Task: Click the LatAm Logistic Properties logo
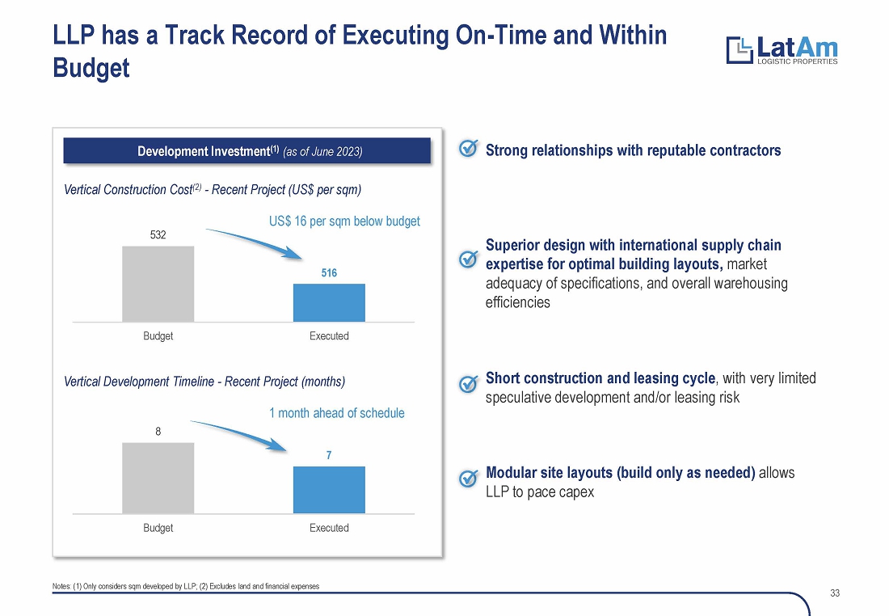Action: pos(782,50)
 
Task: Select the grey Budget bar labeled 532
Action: pos(158,284)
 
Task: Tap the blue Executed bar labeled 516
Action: pos(329,302)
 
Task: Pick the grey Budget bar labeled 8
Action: pos(158,478)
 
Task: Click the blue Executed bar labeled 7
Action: pos(329,490)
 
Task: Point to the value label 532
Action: pos(158,234)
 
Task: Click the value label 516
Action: pos(329,272)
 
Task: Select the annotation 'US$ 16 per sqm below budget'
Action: pos(345,222)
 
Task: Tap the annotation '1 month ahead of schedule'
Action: pos(337,413)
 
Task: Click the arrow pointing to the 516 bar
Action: pos(258,240)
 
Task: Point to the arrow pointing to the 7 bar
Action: pos(241,432)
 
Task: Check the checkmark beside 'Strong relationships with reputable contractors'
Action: pos(468,148)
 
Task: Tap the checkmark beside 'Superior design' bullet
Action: pos(468,259)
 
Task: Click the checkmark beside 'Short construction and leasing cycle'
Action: pos(468,384)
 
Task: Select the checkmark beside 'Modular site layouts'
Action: pos(468,479)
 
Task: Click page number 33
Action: pos(835,593)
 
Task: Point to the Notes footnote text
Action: pos(186,587)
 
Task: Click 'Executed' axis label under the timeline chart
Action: pos(329,528)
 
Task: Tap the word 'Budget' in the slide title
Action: pos(91,68)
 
